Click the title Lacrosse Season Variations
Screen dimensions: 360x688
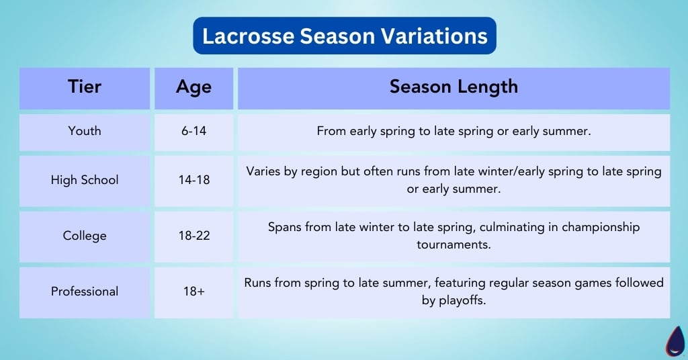point(345,36)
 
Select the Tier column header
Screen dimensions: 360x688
point(85,87)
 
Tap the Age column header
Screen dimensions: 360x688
point(193,87)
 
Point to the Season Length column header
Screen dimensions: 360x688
point(454,87)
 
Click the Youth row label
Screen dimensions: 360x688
point(85,131)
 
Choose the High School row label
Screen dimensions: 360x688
point(85,180)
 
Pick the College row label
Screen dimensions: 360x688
point(85,236)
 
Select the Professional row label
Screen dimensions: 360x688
point(85,291)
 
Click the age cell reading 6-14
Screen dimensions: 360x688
point(193,131)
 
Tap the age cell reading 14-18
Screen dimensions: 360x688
point(193,180)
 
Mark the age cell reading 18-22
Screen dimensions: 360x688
point(193,236)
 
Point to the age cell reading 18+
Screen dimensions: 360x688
point(193,291)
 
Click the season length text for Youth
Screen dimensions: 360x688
point(454,131)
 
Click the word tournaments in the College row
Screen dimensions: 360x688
point(454,244)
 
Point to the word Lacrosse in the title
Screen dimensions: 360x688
point(248,36)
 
